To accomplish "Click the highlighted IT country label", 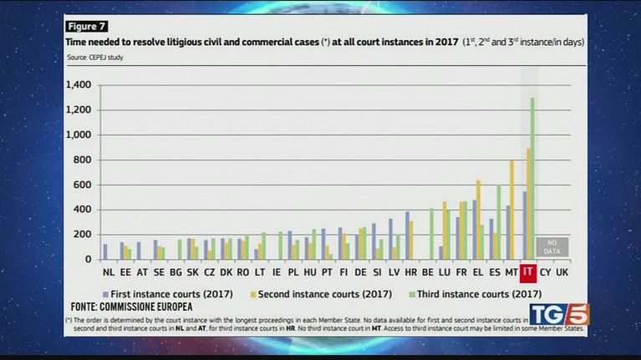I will coord(527,271).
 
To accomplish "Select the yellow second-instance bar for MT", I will coord(512,210).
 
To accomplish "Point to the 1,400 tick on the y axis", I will coord(77,85).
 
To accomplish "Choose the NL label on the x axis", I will coord(109,272).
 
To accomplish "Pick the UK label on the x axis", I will coord(562,272).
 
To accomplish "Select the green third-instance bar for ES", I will coord(498,222).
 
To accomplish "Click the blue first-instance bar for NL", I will coord(105,251).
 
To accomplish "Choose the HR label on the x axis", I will coord(410,272).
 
